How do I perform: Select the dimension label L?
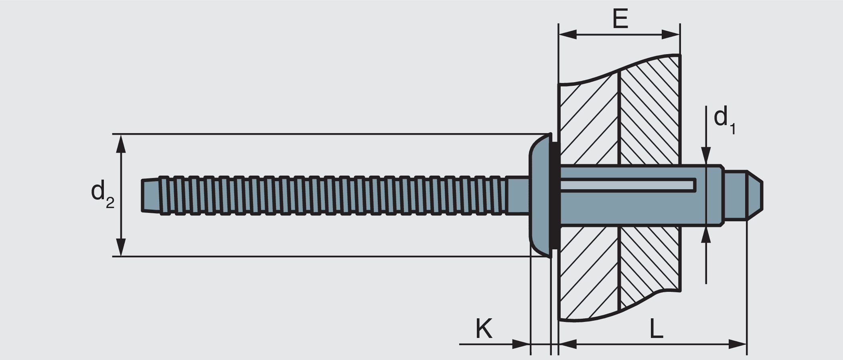(x=656, y=329)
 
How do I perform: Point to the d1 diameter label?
(x=723, y=120)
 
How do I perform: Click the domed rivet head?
(x=540, y=194)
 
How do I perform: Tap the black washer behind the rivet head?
(x=555, y=194)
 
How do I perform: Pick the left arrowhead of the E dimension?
(x=567, y=34)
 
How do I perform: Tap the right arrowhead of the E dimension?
(x=671, y=34)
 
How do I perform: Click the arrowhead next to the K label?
(x=521, y=344)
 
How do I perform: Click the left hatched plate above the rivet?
(x=588, y=120)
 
